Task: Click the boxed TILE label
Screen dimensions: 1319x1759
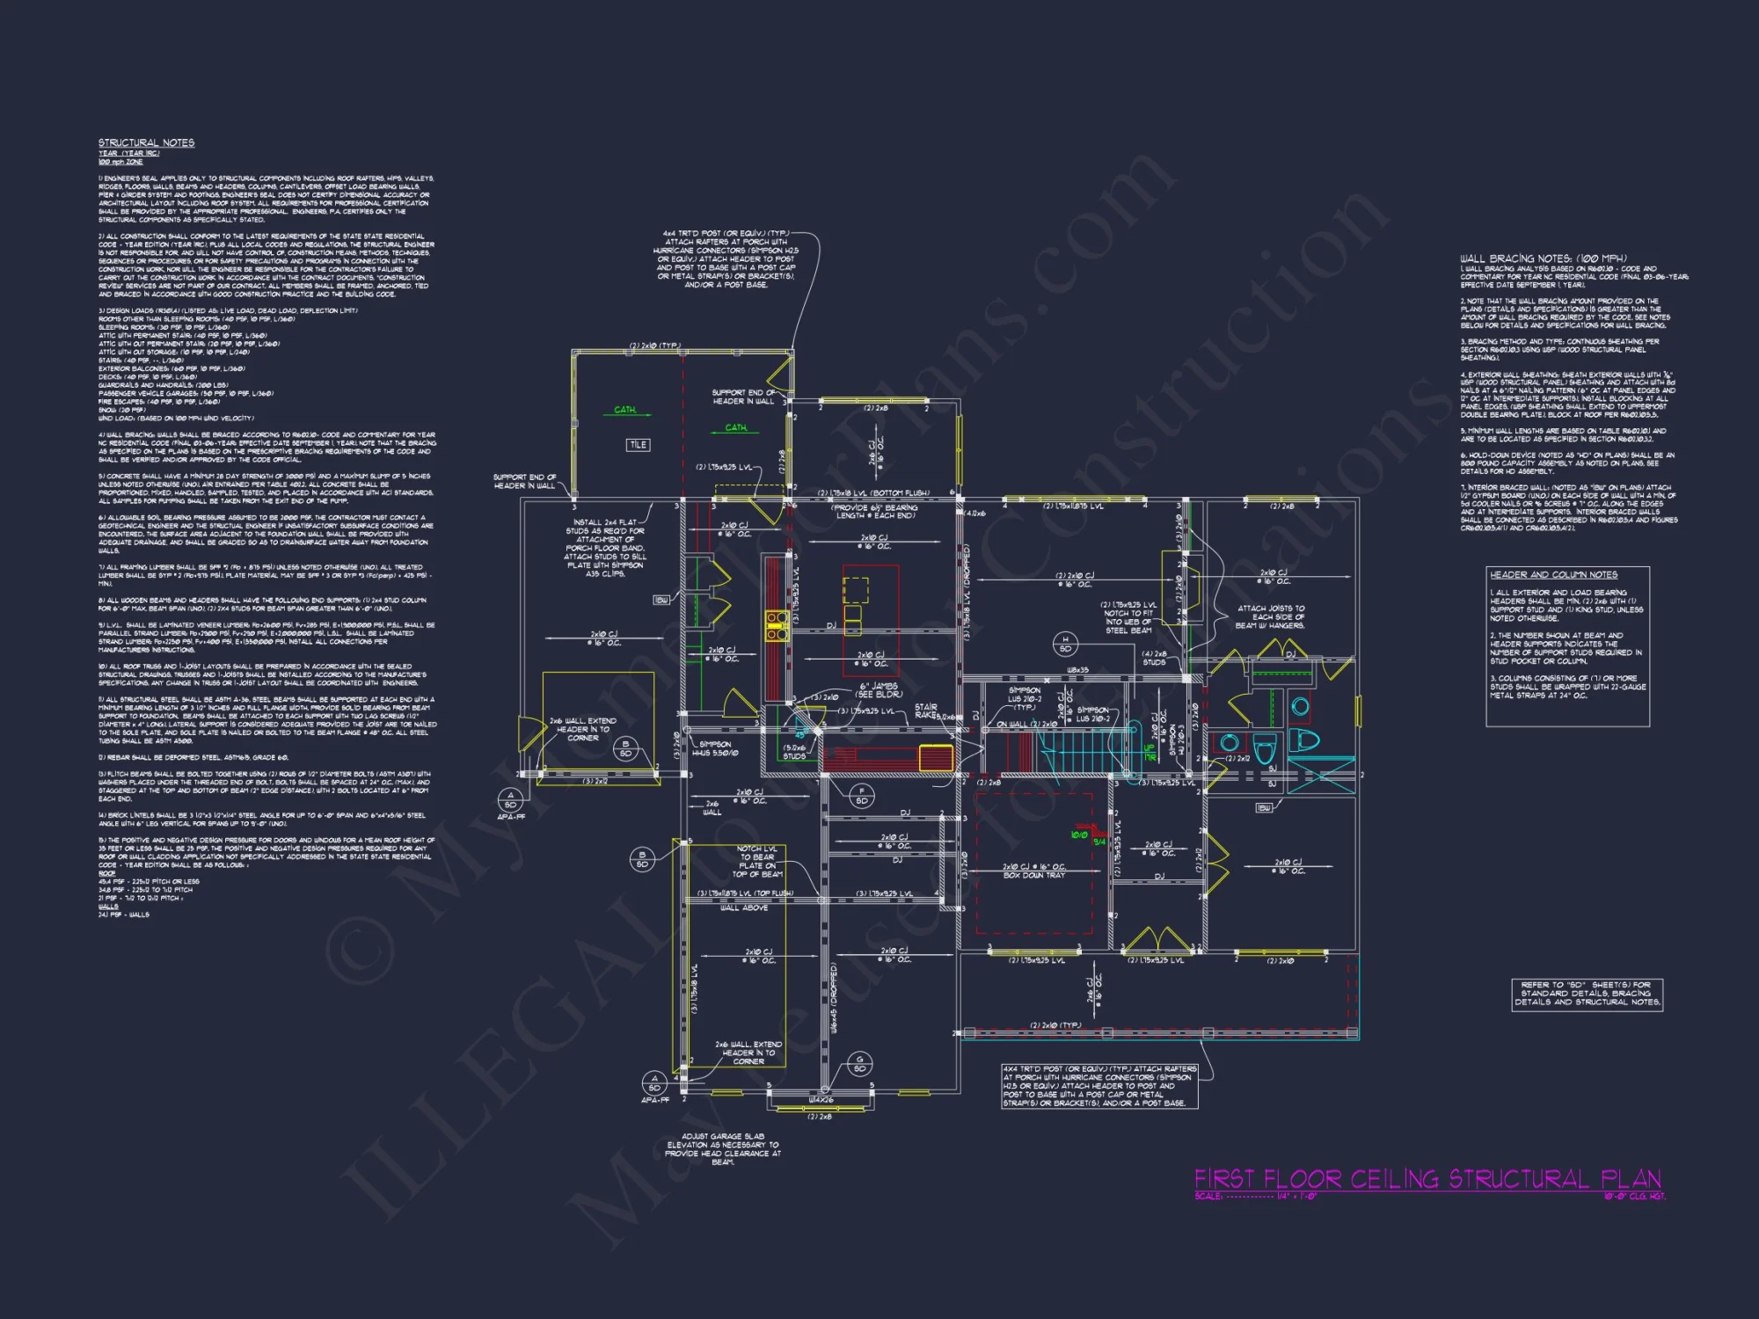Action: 639,445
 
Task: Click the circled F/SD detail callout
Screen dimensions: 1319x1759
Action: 862,795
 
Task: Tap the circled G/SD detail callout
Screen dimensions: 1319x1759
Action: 859,1064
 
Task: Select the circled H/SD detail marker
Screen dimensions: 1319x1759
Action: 1065,644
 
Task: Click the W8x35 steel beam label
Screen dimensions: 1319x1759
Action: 1077,670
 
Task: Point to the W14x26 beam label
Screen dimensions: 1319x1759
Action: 821,1100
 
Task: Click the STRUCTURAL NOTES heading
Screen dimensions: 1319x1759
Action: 146,142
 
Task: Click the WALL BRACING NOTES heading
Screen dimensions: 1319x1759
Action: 1543,259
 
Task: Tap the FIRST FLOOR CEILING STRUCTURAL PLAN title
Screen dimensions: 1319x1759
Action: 1427,1179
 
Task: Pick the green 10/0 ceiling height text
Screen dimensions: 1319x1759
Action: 1079,834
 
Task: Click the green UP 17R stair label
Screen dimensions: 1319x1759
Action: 1150,753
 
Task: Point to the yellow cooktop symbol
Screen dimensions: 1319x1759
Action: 776,625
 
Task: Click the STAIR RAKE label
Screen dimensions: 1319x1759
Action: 926,711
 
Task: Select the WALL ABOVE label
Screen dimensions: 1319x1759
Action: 744,907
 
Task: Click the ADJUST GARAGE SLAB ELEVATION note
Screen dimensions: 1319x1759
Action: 722,1148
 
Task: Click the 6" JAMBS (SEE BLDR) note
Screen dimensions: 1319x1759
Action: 879,690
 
